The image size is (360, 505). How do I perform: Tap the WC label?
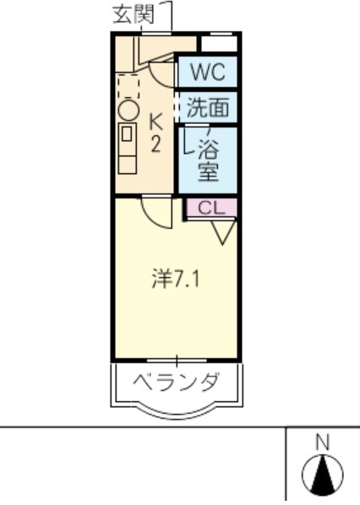[207, 73]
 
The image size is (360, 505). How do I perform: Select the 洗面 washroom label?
[207, 108]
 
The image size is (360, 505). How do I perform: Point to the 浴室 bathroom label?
[208, 160]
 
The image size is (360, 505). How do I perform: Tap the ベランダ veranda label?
[177, 382]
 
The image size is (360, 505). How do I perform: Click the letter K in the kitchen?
[156, 122]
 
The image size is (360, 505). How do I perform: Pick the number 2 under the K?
[156, 144]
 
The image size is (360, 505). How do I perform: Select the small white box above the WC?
[219, 43]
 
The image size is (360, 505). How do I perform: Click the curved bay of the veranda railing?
[177, 411]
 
